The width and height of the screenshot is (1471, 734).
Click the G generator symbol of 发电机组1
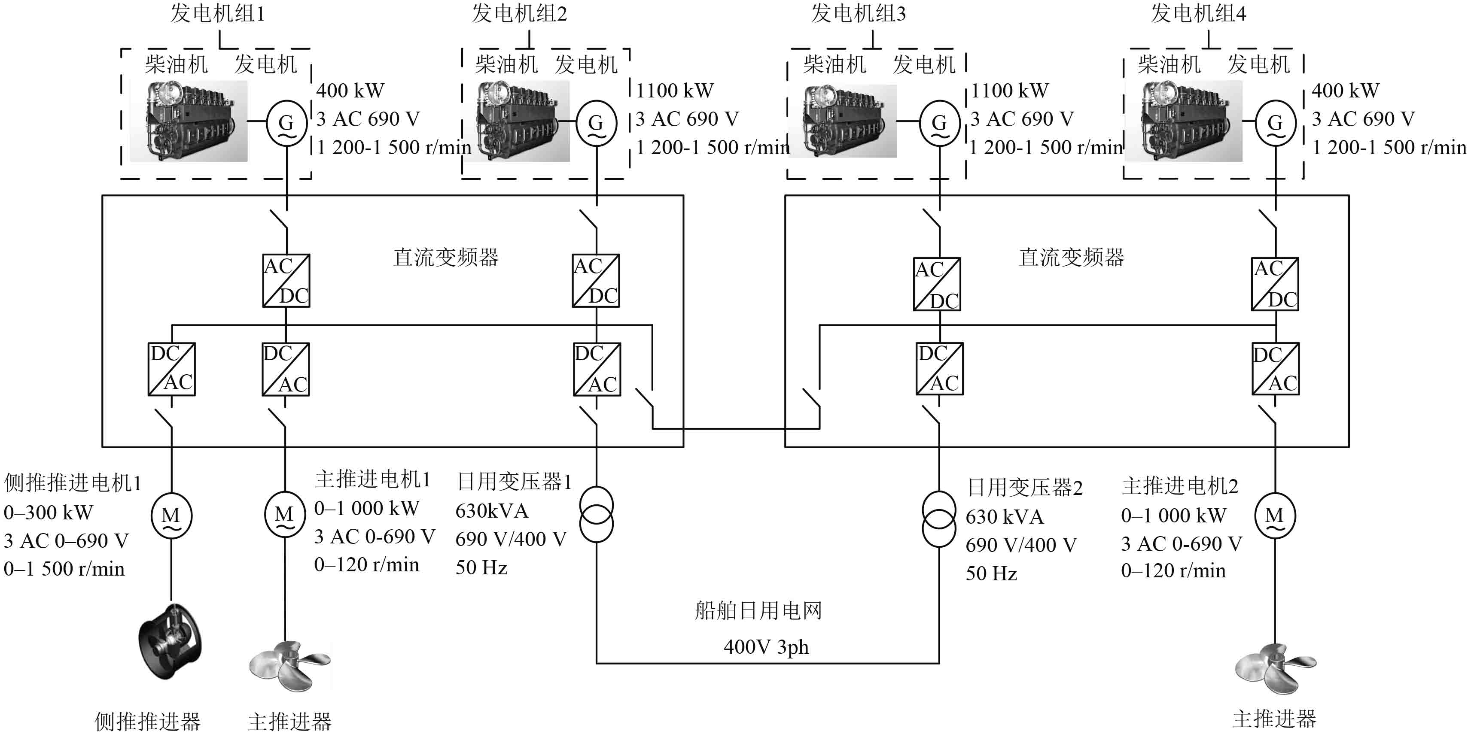click(286, 122)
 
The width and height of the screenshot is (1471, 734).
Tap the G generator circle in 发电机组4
click(1275, 122)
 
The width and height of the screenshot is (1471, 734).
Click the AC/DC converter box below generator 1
click(286, 281)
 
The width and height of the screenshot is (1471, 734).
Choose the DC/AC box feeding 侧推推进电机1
click(171, 369)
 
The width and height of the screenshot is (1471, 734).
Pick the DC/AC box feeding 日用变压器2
click(939, 369)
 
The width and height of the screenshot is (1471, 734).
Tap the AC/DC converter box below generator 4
click(1275, 284)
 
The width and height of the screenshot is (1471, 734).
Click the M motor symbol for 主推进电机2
click(1275, 516)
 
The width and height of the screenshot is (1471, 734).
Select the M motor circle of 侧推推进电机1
click(171, 516)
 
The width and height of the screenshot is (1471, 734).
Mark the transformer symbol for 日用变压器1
click(596, 515)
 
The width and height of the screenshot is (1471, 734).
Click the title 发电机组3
click(858, 14)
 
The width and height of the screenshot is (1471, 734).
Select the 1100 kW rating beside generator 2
click(674, 90)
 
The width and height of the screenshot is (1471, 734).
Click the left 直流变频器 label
click(445, 258)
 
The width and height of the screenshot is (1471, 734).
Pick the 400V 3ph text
click(766, 647)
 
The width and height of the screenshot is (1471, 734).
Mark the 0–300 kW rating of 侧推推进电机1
click(49, 513)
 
